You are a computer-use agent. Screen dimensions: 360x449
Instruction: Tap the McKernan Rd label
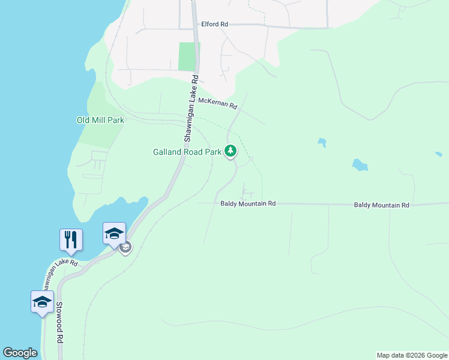click(x=218, y=104)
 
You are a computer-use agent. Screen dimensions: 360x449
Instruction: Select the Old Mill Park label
click(x=100, y=120)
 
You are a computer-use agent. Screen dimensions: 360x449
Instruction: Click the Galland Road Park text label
click(x=187, y=152)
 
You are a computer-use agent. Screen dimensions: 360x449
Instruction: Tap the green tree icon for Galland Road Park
click(x=231, y=151)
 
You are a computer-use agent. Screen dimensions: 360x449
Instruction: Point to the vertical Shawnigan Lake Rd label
click(x=191, y=108)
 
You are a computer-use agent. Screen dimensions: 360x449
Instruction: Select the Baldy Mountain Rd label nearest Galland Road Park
click(x=247, y=204)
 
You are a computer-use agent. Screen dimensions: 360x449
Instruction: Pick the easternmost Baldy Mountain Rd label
click(x=381, y=205)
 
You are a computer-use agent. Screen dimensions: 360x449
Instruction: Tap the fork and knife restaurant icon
click(x=71, y=240)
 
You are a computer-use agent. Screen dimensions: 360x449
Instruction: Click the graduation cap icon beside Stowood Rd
click(x=42, y=301)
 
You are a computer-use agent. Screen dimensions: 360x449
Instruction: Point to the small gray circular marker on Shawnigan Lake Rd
click(x=125, y=247)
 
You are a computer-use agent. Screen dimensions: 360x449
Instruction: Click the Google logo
click(x=20, y=353)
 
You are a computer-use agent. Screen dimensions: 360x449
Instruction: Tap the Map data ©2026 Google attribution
click(x=412, y=355)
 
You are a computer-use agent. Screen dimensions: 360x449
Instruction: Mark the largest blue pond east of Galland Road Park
click(x=360, y=165)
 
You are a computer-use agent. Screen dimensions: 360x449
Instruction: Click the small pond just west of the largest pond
click(x=322, y=143)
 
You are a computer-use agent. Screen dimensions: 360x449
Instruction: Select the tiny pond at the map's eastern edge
click(x=438, y=154)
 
